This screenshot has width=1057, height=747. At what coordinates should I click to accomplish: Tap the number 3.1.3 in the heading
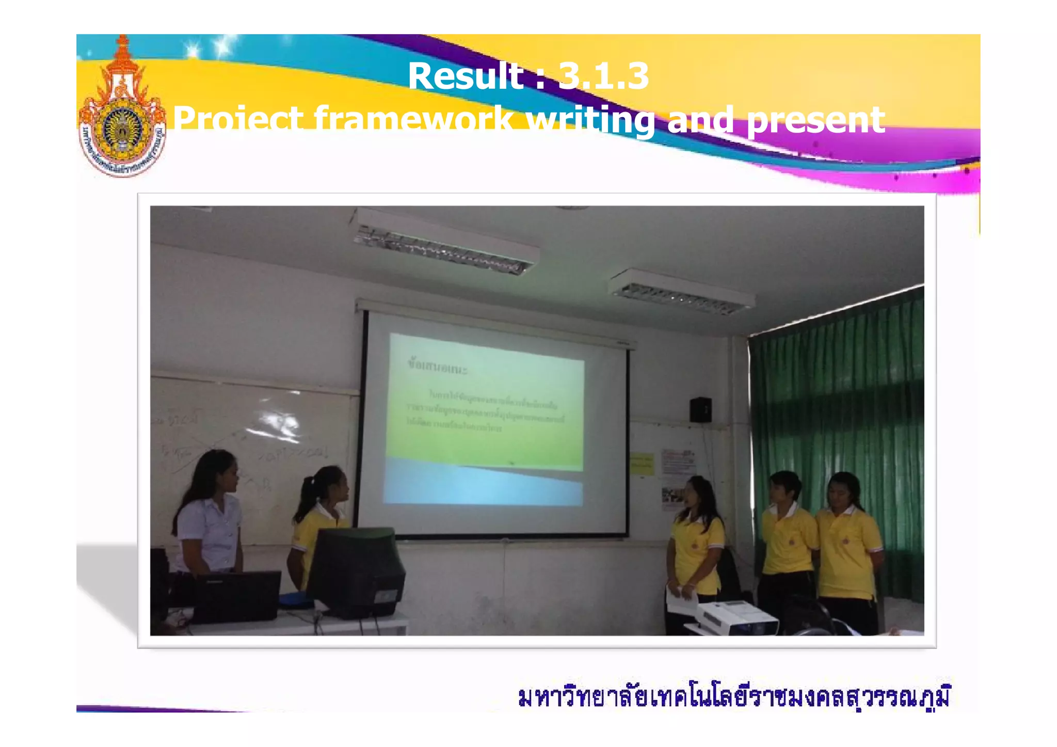tap(603, 76)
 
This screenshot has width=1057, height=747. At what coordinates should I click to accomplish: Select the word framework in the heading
tap(414, 120)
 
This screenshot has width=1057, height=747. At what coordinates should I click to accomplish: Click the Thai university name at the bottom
tap(733, 696)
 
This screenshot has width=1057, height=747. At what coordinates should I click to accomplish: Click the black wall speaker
tap(700, 409)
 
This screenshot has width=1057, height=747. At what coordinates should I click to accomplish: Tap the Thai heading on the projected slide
tap(437, 367)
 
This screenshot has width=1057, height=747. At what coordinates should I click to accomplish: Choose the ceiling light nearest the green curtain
tap(681, 292)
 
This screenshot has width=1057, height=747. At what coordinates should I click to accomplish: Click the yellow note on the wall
tap(642, 463)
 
